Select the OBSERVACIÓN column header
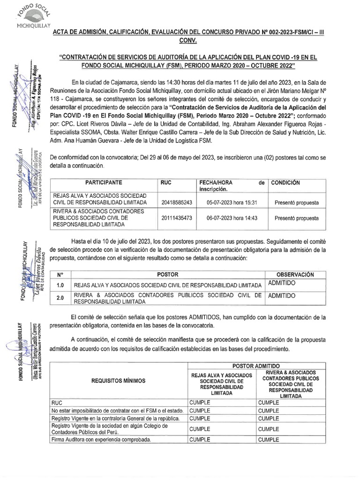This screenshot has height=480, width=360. [294, 274]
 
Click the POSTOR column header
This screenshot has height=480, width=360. [167, 274]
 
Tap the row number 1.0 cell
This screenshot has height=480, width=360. [60, 285]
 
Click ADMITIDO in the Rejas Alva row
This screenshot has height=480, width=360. [282, 283]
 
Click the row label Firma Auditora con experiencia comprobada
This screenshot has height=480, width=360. [101, 440]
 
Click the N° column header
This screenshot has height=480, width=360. [60, 274]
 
